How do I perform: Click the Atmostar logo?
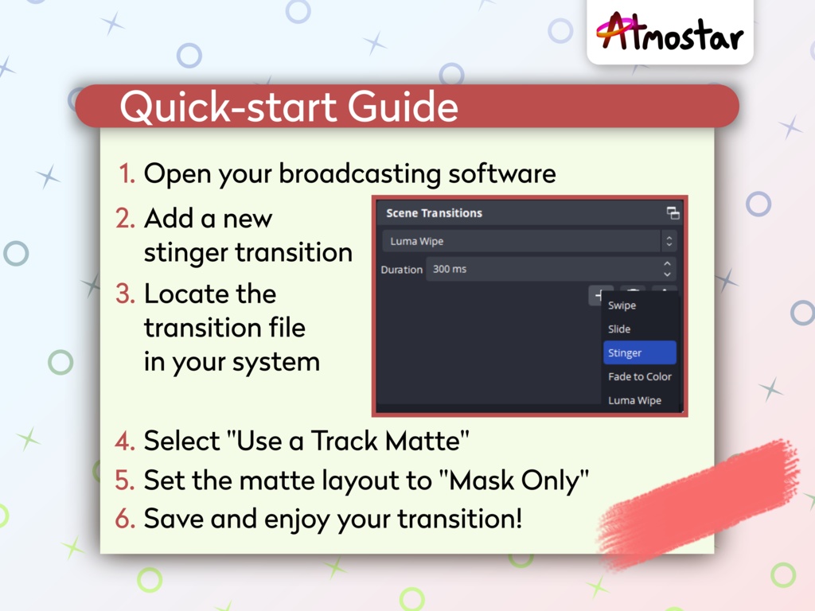tap(669, 33)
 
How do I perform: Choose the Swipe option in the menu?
tap(622, 305)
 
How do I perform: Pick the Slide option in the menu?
tap(619, 329)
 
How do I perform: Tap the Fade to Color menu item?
tap(639, 376)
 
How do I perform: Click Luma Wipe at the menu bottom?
tap(634, 400)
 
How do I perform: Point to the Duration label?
tap(401, 270)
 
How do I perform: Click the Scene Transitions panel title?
tap(434, 213)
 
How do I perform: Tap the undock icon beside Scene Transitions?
tap(673, 213)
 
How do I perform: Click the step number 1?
tap(127, 174)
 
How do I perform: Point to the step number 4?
tap(125, 441)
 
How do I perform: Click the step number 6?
tap(125, 519)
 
